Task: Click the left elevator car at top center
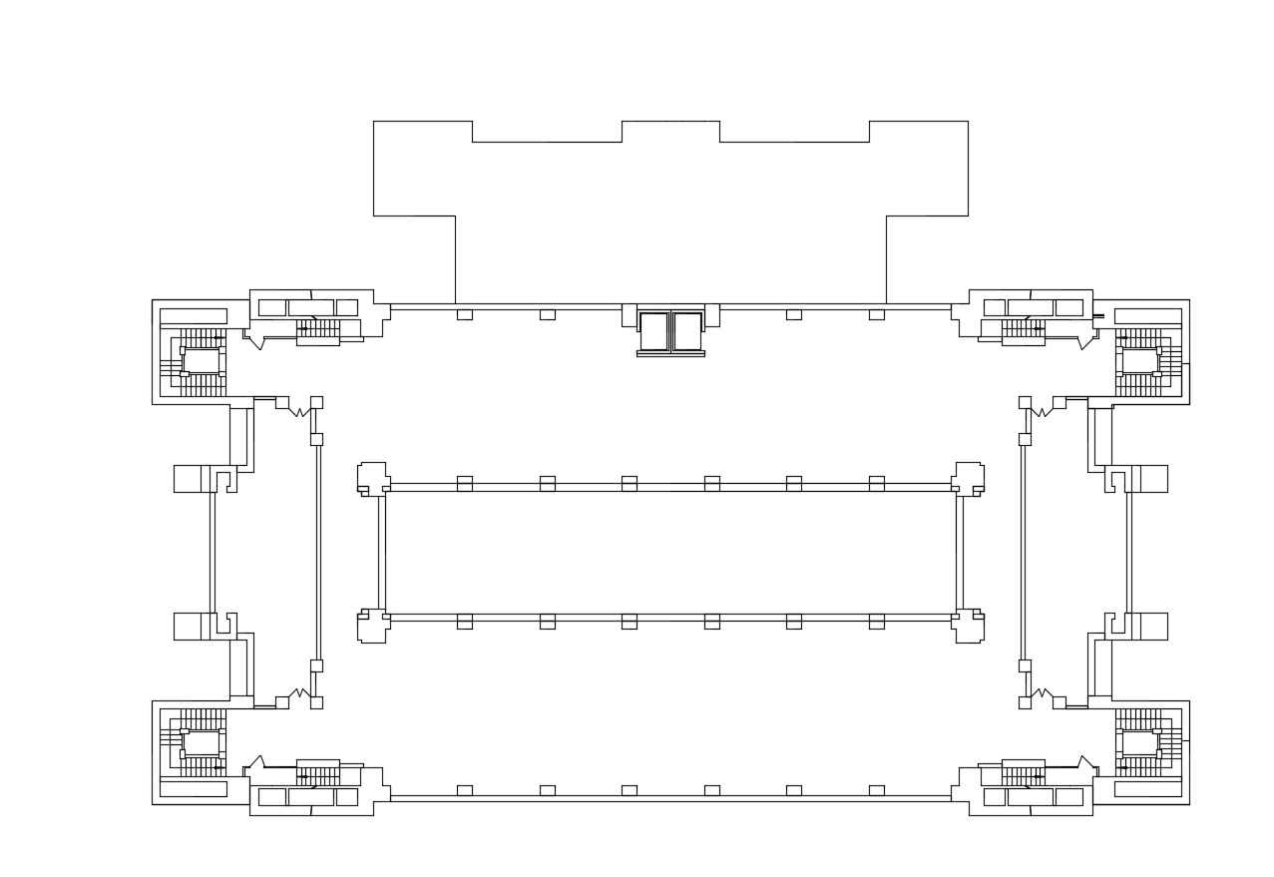coord(653,331)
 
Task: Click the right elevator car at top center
coord(687,331)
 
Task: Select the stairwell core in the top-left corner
coord(201,361)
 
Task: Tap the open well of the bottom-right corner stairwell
coord(1139,743)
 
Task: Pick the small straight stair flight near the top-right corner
coord(1023,328)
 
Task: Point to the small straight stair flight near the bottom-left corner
coord(317,775)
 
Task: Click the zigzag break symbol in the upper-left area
coord(298,411)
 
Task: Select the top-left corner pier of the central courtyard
coord(372,478)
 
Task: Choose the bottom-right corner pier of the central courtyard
coord(969,626)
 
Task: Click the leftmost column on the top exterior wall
coord(464,314)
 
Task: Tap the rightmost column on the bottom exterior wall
coord(876,790)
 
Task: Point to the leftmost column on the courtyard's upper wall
coord(464,483)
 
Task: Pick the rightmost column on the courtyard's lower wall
coord(876,622)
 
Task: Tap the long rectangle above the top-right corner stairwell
coord(1147,315)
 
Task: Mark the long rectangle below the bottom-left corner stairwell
coord(193,788)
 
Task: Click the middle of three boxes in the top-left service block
coord(310,307)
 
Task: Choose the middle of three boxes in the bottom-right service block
coord(1030,797)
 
